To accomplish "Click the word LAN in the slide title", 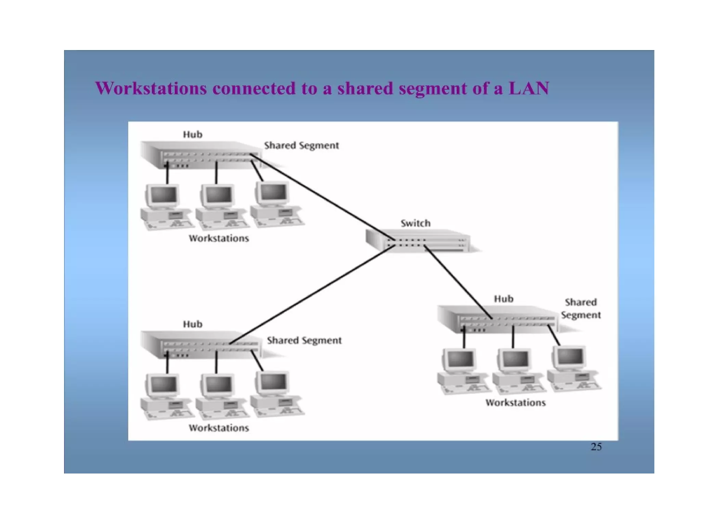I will coord(529,88).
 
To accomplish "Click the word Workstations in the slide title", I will coord(151,88).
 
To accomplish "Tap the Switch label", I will coord(416,223).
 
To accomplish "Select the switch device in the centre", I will coord(418,241).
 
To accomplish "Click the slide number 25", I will coord(596,447).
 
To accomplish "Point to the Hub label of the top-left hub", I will coord(192,135).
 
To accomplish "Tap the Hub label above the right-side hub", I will coord(504,299).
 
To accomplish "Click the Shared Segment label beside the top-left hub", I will coord(301,146).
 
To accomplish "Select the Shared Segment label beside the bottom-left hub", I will coord(304,340).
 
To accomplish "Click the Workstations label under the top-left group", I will coord(219,238).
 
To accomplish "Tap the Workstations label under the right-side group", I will coord(515,403).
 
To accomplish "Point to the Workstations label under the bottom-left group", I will coord(219,428).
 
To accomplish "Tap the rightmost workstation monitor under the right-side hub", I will coord(569,357).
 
